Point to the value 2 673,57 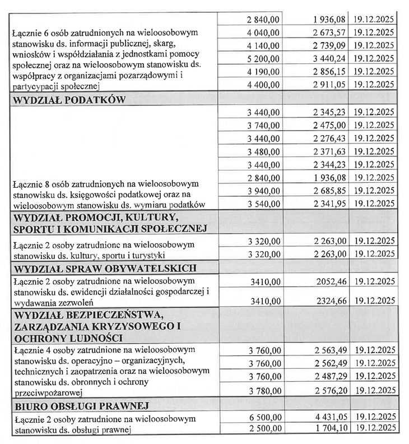pyautogui.click(x=331, y=32)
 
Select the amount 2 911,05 pyautogui.click(x=331, y=84)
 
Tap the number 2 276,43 pyautogui.click(x=331, y=138)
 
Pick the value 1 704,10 pyautogui.click(x=331, y=429)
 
